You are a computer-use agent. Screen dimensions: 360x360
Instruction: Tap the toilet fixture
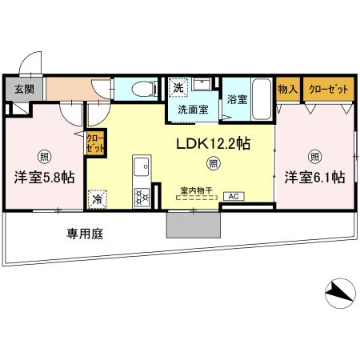click(x=143, y=87)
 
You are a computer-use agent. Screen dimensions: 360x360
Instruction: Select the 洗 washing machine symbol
click(x=177, y=86)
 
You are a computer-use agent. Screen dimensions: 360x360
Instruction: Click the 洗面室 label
click(x=192, y=109)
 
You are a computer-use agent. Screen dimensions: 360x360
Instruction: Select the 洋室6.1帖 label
click(x=314, y=177)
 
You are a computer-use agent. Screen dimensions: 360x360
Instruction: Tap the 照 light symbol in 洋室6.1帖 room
click(x=315, y=156)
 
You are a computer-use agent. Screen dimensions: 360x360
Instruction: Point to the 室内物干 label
click(x=194, y=190)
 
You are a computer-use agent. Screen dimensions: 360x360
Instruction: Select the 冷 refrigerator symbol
click(x=98, y=198)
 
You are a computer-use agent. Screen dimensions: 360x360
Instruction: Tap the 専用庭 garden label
click(x=84, y=235)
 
